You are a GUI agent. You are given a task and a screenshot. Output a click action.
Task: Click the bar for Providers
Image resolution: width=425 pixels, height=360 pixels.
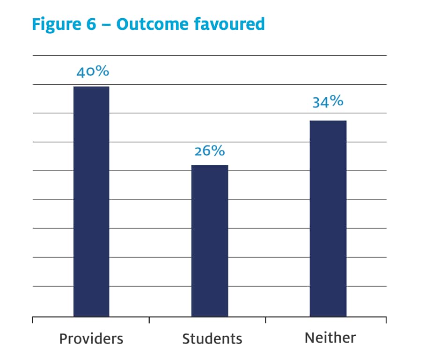tap(91, 201)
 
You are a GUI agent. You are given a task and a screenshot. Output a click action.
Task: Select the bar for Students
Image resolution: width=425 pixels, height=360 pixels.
tap(210, 240)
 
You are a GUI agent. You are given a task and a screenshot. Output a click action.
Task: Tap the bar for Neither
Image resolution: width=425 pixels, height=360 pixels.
tap(328, 218)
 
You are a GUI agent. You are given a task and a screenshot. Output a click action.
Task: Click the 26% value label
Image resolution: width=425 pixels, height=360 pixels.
tap(210, 151)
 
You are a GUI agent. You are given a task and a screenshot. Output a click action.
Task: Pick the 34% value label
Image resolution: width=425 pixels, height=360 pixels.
tap(328, 102)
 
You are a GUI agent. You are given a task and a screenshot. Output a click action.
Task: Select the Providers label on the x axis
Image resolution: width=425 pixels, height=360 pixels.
tap(91, 338)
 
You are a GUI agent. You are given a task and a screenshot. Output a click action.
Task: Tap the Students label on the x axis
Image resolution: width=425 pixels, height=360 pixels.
tap(212, 338)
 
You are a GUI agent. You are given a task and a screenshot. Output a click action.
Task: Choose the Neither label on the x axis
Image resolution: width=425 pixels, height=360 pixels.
tap(330, 338)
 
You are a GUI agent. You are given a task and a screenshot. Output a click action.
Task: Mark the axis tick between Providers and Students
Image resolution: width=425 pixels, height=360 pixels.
tap(149, 320)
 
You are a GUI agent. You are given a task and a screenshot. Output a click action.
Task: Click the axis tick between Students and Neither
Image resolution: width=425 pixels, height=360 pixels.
tap(266, 320)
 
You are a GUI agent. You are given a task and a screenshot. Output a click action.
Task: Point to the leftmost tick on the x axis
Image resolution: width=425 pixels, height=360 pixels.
tap(32, 320)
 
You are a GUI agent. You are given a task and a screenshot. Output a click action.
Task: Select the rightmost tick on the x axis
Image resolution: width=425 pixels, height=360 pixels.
tap(386, 320)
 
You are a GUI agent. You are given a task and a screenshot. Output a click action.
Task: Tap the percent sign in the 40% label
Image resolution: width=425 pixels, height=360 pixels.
tap(103, 72)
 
